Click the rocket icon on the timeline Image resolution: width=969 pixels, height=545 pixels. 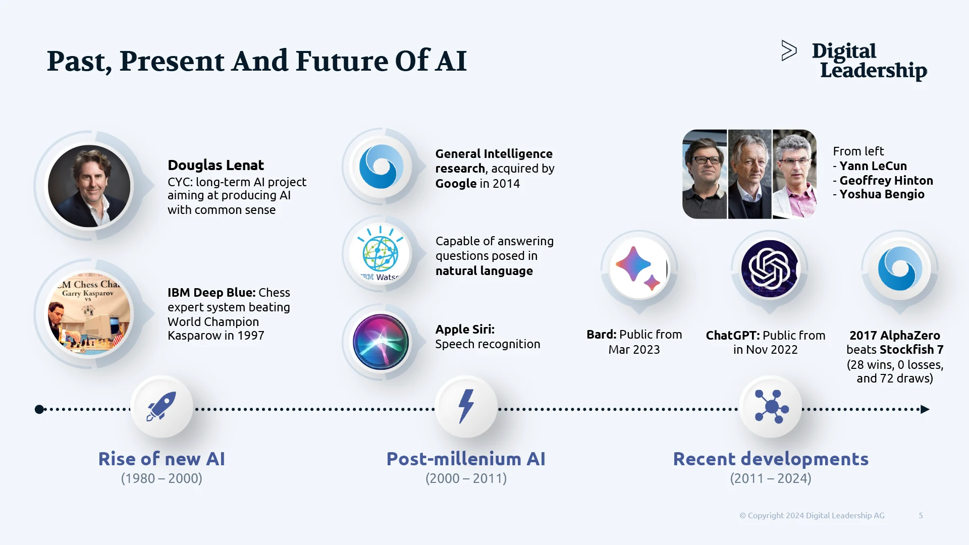[x=161, y=406]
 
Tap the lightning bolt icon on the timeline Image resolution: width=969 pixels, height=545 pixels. [x=466, y=406]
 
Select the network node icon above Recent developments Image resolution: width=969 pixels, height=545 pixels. [x=771, y=406]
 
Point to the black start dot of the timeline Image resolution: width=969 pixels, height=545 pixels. [x=39, y=409]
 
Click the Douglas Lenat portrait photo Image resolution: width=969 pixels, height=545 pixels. [x=89, y=186]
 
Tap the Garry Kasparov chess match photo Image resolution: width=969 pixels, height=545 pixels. [x=89, y=314]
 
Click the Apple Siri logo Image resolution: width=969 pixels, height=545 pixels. [x=381, y=342]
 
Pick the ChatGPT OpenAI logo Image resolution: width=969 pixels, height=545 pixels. [x=769, y=268]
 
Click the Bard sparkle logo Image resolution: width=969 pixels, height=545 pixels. [x=638, y=268]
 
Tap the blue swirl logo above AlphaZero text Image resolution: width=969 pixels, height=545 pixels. [x=900, y=268]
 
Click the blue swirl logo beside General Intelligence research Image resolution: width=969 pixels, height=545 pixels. [x=382, y=167]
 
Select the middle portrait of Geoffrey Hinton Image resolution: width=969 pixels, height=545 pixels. [x=749, y=174]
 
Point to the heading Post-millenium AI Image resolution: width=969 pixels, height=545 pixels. [x=466, y=459]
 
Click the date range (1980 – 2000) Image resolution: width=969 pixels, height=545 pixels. [x=161, y=478]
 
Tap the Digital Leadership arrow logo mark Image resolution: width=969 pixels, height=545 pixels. [x=789, y=50]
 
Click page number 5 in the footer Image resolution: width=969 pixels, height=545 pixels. [x=921, y=515]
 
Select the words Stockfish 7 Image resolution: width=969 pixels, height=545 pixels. [x=911, y=350]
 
